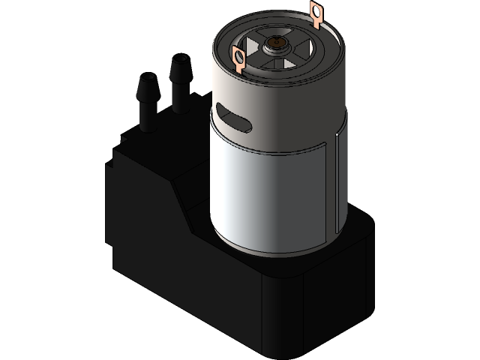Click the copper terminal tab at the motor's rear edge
(316, 14)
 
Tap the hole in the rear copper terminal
(316, 11)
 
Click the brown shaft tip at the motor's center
(279, 43)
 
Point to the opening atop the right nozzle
(179, 58)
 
